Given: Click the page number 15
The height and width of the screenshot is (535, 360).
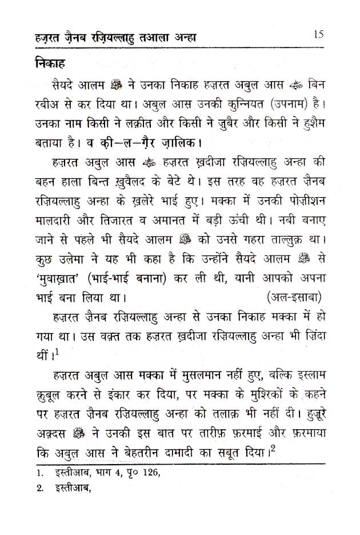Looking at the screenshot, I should [x=319, y=34].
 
